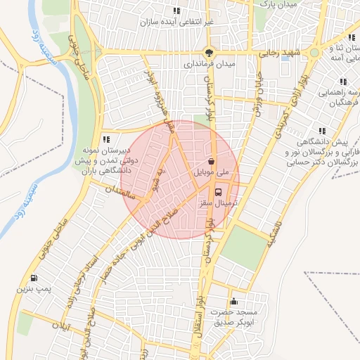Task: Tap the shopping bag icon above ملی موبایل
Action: [x=211, y=161]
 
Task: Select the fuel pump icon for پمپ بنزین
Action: [x=34, y=278]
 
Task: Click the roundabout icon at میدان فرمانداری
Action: [x=209, y=51]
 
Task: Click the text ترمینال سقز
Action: [x=219, y=202]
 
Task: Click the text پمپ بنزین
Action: [x=33, y=289]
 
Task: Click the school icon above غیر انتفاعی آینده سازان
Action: [x=176, y=11]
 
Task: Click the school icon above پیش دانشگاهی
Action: [x=322, y=130]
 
